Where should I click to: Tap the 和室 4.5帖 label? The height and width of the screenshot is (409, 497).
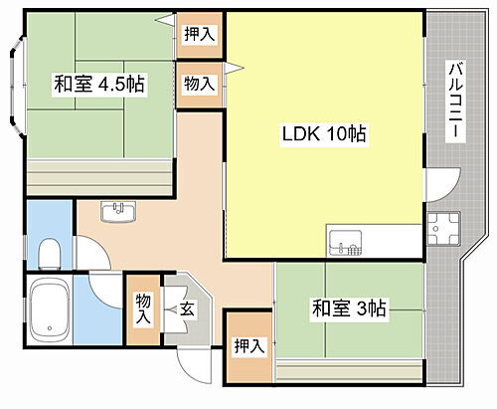99,85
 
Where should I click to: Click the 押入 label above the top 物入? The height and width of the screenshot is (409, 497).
199,34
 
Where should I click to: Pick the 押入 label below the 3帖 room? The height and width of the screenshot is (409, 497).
248,346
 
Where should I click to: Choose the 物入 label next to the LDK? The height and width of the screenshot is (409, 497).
199,84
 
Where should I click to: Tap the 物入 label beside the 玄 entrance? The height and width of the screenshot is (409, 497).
144,308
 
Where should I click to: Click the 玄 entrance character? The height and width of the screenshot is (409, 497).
188,309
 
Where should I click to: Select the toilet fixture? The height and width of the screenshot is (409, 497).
47,253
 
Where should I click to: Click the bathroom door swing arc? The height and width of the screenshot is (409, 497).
103,289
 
